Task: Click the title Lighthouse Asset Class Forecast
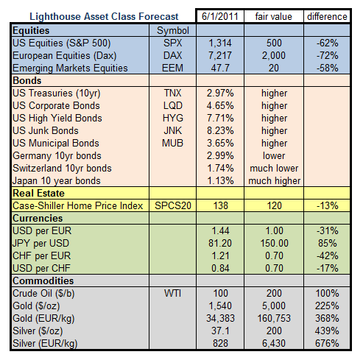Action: (x=104, y=17)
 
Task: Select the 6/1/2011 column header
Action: (x=220, y=17)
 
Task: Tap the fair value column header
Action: (x=274, y=17)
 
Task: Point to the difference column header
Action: (x=327, y=17)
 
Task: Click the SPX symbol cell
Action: (x=173, y=43)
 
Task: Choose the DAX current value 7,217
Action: (x=220, y=55)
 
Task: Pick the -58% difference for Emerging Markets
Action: (x=327, y=68)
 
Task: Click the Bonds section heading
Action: (x=27, y=80)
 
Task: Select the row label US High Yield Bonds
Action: (x=57, y=118)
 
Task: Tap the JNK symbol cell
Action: (x=173, y=130)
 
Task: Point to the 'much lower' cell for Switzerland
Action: (x=274, y=168)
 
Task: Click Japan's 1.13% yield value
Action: (x=220, y=180)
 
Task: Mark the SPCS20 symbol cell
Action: (x=173, y=205)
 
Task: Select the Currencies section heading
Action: (x=38, y=218)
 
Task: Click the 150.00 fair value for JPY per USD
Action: (x=274, y=243)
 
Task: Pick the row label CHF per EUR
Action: (x=41, y=255)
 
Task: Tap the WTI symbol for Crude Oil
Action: (x=173, y=293)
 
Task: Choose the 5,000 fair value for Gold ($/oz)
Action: (x=274, y=306)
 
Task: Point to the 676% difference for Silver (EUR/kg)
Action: (x=327, y=343)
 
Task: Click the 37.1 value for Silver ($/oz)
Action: (x=220, y=331)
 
